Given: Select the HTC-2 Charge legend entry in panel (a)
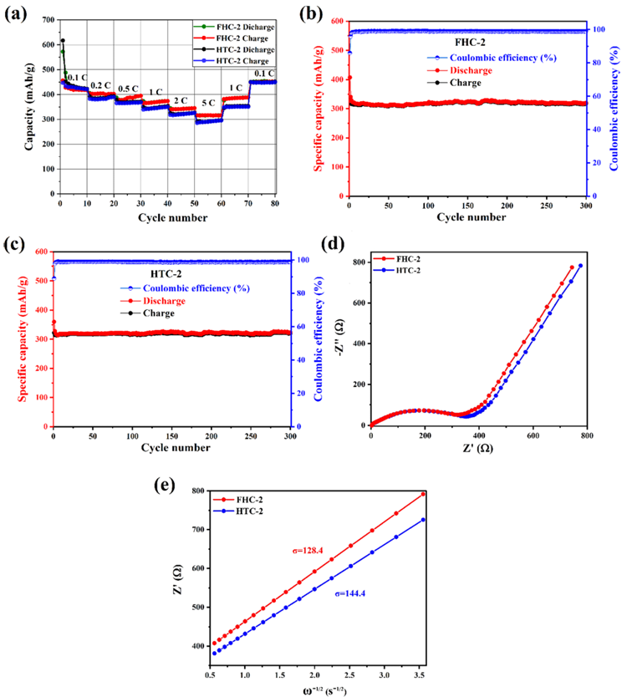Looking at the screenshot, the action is (x=234, y=61).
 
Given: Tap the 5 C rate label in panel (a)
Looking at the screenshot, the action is (x=208, y=103).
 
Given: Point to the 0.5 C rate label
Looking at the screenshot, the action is (x=128, y=89).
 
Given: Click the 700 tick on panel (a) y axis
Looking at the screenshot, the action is (x=48, y=19).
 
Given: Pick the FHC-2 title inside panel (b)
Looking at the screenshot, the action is (x=470, y=43).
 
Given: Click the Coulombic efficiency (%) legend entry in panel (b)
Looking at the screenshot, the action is (x=492, y=58).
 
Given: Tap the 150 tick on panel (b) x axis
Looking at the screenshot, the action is (x=468, y=206).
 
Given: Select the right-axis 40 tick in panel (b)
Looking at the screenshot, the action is (x=597, y=130).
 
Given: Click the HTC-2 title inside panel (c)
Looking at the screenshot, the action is (x=166, y=274).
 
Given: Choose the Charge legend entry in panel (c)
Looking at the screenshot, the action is (x=148, y=313).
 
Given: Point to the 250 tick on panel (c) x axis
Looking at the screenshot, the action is (x=251, y=436).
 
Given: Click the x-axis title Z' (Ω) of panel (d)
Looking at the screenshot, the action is (x=478, y=448).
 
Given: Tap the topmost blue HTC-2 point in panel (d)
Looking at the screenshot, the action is (x=580, y=266).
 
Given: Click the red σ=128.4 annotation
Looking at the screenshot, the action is (x=308, y=551).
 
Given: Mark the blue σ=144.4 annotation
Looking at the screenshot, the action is (x=350, y=593).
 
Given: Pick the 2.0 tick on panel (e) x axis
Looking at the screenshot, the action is (x=314, y=674).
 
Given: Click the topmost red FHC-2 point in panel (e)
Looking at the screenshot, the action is (x=423, y=494).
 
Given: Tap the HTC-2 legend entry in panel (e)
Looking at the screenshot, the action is (x=238, y=511).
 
